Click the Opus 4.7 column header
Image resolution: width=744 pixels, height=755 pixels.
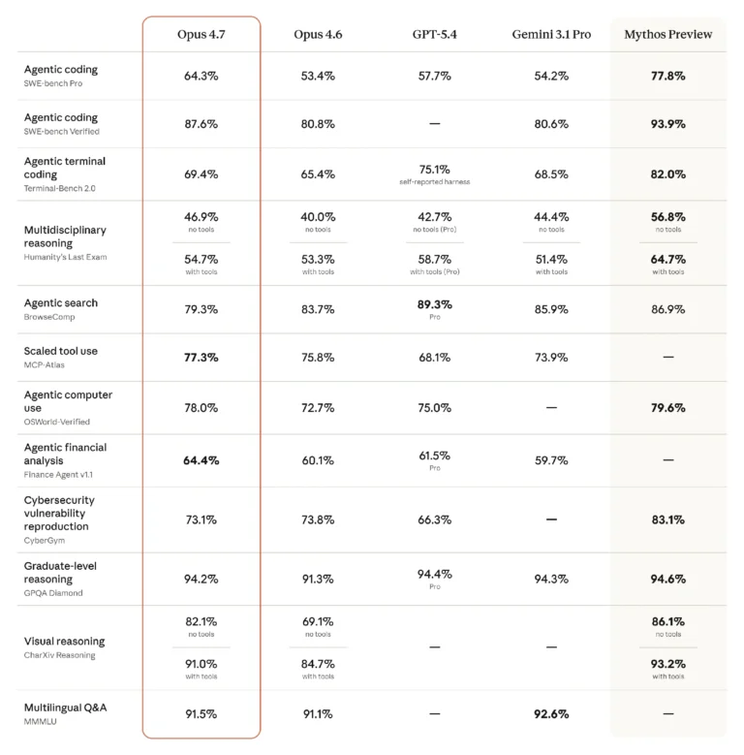(201, 35)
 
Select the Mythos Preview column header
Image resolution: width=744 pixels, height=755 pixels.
(668, 35)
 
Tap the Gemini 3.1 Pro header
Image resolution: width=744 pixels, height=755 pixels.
(551, 35)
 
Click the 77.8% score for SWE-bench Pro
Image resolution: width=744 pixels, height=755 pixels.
(668, 76)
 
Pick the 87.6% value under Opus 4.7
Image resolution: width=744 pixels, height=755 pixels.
(201, 124)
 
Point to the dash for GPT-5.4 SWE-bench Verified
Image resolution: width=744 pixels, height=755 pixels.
(435, 124)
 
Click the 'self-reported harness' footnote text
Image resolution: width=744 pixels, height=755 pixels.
(435, 182)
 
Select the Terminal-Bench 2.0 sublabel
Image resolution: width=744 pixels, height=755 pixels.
(60, 188)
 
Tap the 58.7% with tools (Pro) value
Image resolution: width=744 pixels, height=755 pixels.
(435, 260)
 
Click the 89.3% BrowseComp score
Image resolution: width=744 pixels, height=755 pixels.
(435, 304)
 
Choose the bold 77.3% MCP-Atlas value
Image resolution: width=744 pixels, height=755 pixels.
(201, 358)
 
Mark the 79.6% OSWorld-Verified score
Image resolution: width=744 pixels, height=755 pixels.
(668, 408)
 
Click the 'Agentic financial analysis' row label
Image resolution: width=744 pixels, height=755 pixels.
(66, 454)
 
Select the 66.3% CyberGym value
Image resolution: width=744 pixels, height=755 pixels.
(435, 520)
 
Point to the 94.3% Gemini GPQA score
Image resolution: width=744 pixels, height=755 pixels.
(551, 579)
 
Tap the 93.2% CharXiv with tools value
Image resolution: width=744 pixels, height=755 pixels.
(668, 664)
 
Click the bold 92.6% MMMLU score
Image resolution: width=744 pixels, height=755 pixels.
(551, 714)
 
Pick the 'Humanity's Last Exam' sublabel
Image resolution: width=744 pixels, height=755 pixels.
(66, 257)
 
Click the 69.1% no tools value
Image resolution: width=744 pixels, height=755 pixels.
(318, 621)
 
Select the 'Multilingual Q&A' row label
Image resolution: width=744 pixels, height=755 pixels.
(66, 708)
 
